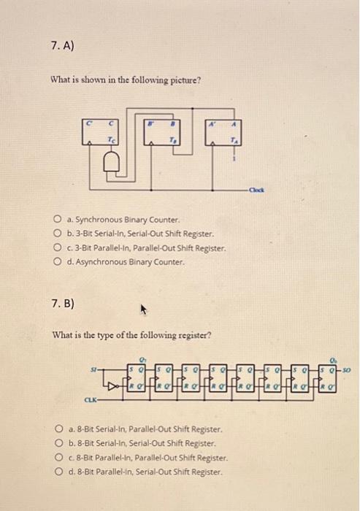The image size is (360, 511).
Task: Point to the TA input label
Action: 234,140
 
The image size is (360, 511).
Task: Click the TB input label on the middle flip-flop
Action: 173,140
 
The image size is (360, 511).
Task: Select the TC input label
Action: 112,139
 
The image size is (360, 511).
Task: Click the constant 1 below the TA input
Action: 234,161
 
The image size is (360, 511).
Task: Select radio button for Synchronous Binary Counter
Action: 56,220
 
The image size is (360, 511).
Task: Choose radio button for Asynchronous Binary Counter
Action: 56,261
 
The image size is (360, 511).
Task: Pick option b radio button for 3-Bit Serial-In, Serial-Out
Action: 56,234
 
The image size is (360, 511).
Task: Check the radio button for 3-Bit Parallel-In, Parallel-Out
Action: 56,247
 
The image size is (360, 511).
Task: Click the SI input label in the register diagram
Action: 91,370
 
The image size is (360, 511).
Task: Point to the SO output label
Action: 347,369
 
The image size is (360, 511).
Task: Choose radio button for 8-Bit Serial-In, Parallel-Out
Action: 58,430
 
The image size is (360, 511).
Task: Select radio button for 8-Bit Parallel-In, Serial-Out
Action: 58,472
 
